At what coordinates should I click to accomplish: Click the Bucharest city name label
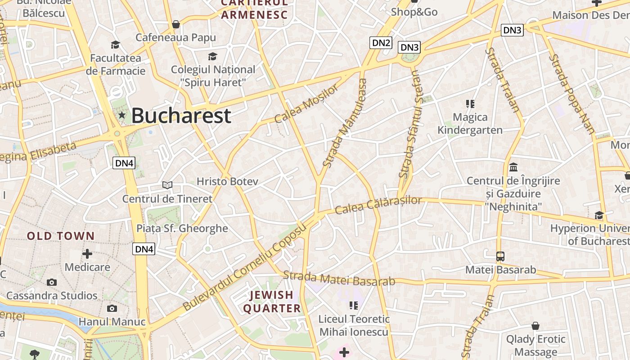(181, 116)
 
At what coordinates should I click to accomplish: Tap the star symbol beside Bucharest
(121, 115)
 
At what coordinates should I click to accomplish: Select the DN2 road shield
(381, 43)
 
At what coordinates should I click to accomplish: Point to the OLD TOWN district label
(61, 236)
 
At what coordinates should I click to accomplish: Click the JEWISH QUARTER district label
(272, 301)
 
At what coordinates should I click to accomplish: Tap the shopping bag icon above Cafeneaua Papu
(176, 24)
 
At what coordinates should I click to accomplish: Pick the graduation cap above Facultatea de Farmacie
(116, 45)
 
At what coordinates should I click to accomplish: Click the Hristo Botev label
(227, 181)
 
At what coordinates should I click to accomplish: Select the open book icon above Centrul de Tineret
(167, 185)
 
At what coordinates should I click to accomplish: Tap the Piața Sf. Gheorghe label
(182, 228)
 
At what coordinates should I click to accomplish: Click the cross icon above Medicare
(87, 254)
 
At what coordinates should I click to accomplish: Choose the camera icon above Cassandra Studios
(52, 283)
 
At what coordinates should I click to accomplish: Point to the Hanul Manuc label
(112, 322)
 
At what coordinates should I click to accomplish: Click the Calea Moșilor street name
(306, 104)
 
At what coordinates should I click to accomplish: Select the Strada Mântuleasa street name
(345, 123)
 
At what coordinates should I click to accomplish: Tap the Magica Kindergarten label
(470, 124)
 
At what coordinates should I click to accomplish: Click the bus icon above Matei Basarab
(500, 256)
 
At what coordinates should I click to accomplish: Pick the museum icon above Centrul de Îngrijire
(513, 167)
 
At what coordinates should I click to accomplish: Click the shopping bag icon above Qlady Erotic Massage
(535, 325)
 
